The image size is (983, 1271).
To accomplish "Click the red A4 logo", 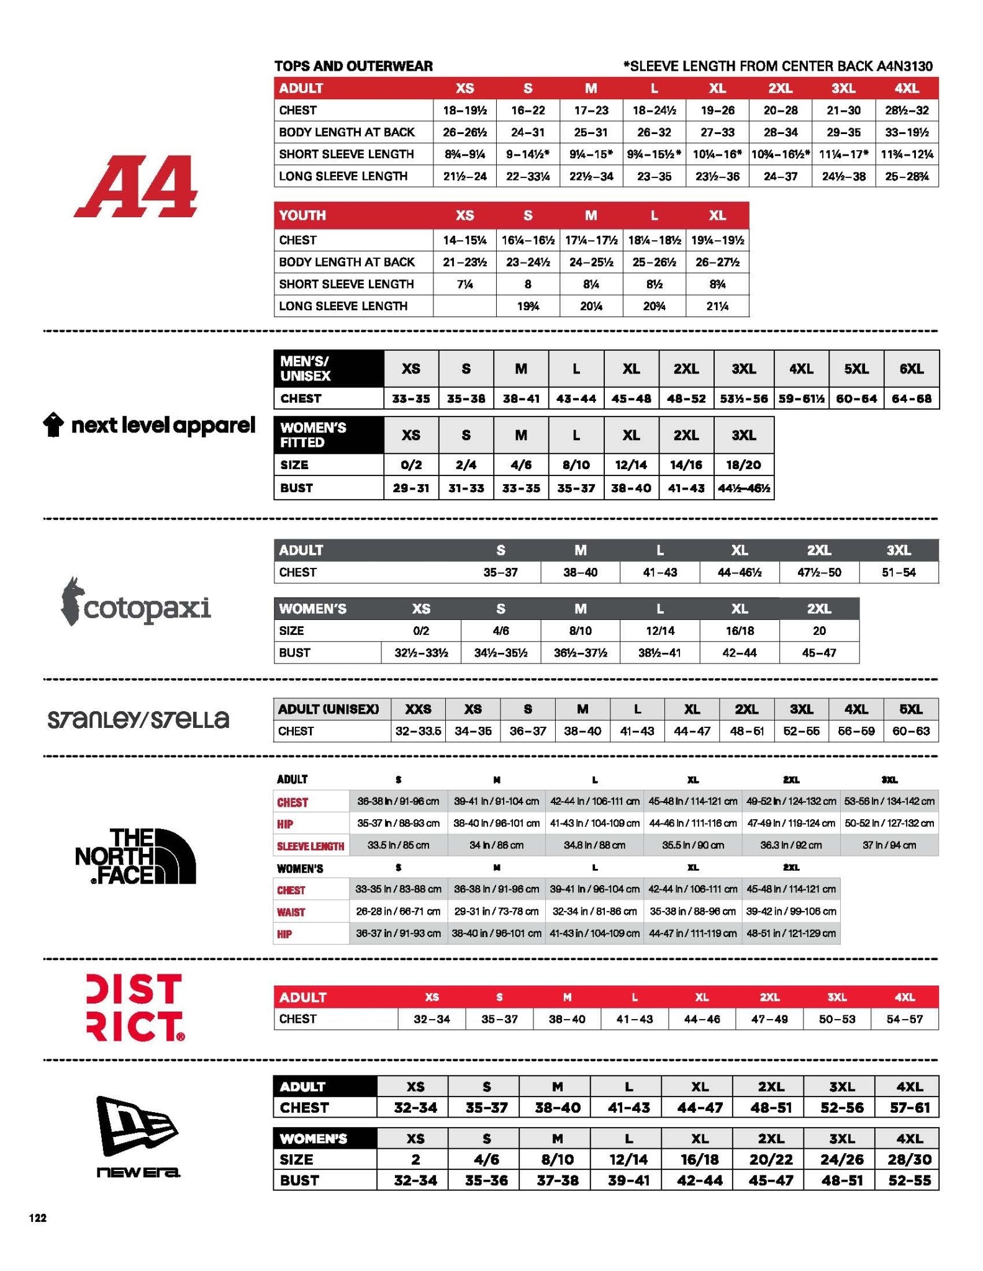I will click(136, 186).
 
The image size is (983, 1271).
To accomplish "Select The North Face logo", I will click(136, 856).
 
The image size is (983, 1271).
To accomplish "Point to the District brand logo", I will click(135, 1007).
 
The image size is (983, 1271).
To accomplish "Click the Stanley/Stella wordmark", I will click(138, 719).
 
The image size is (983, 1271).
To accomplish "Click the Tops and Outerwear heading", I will click(353, 66).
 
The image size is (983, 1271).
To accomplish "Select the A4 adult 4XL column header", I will click(907, 88).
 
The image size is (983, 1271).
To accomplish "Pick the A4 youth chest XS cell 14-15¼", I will click(464, 240).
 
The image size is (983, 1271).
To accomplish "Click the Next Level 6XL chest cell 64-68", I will click(911, 398).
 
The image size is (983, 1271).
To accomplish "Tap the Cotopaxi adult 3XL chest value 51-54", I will click(899, 572).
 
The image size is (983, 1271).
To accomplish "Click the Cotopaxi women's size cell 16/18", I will click(740, 631).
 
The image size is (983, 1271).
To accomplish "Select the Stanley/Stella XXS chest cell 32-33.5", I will click(418, 731).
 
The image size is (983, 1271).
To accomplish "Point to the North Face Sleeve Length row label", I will click(310, 846).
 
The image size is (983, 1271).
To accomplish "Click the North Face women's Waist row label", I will click(291, 912).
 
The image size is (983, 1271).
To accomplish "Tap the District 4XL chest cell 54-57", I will click(904, 1019).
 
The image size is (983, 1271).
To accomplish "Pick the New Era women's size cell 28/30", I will click(910, 1159).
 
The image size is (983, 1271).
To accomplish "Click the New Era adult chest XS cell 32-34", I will click(415, 1108).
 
